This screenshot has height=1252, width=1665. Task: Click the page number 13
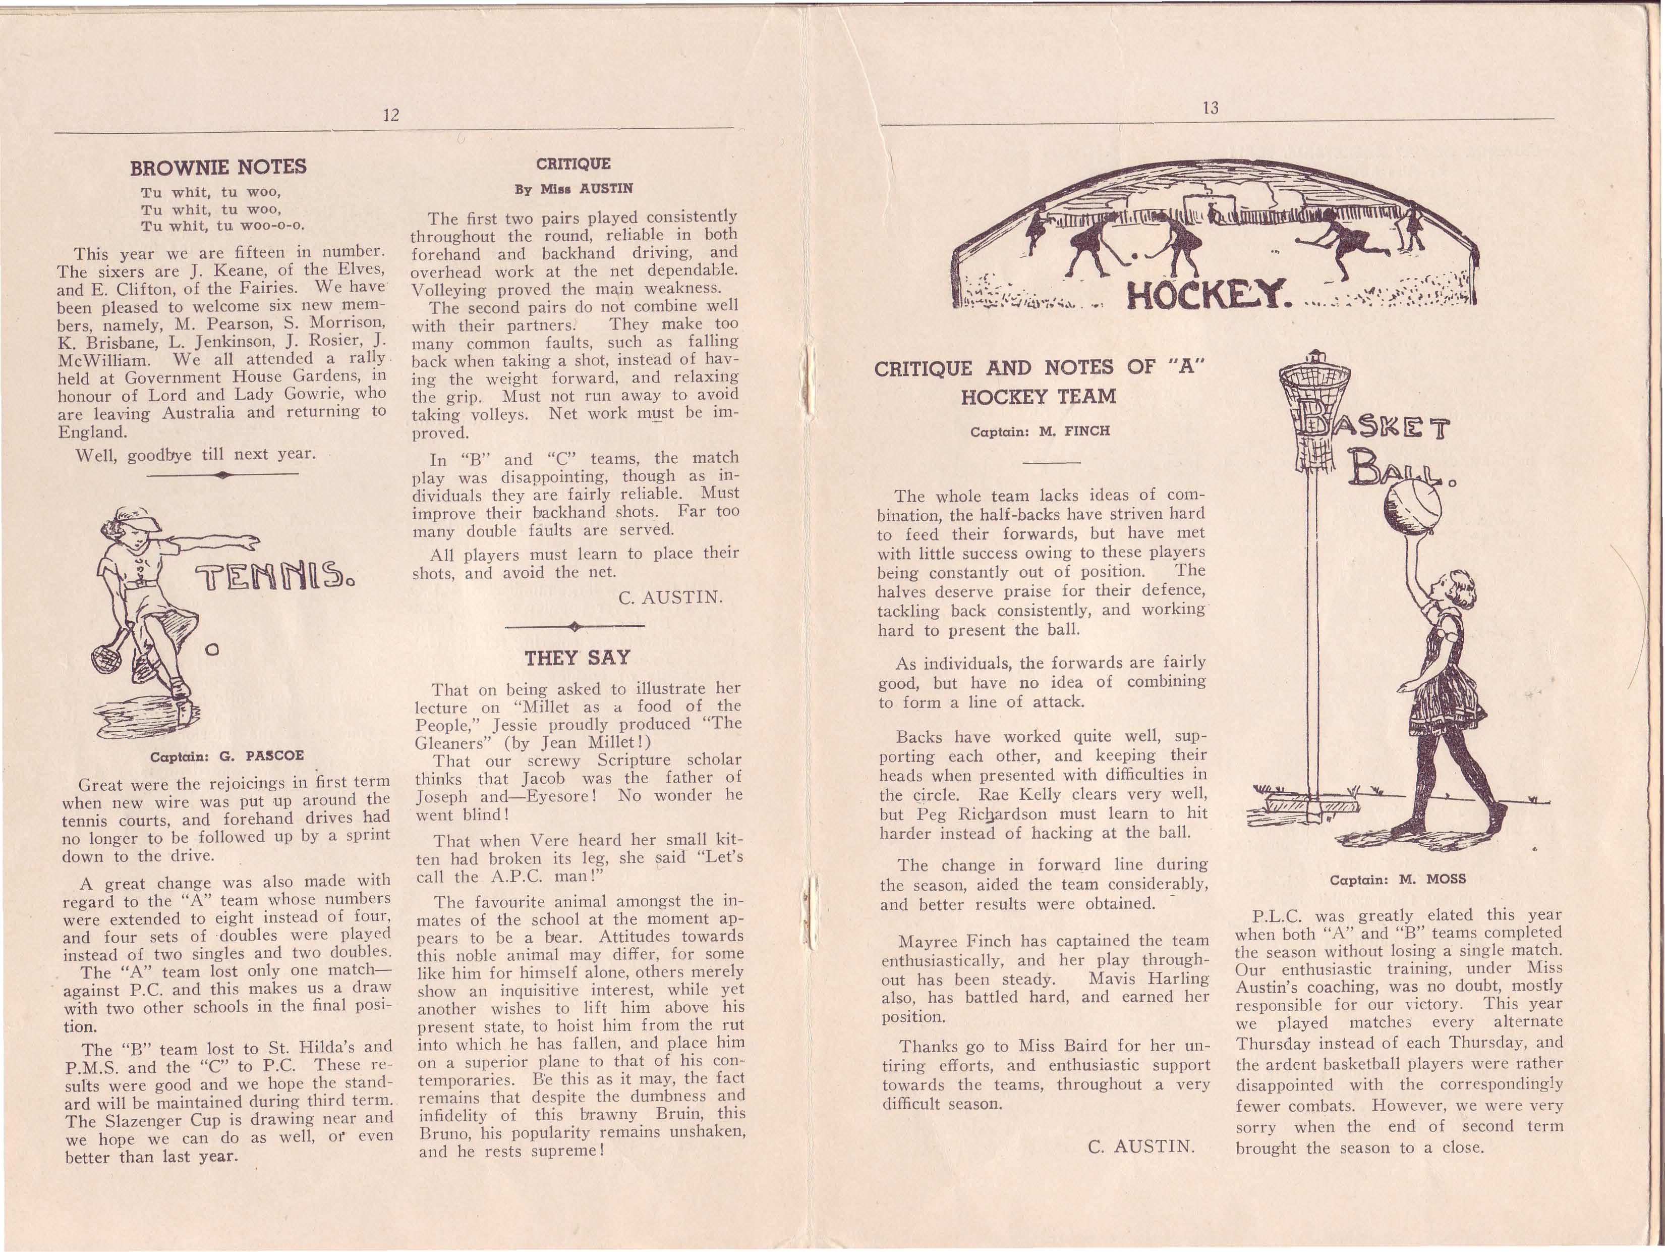(x=1211, y=107)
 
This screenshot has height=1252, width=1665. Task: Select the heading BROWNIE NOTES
(x=218, y=167)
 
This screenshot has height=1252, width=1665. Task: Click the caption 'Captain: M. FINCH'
(x=1040, y=431)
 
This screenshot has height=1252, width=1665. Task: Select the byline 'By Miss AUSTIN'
(x=573, y=188)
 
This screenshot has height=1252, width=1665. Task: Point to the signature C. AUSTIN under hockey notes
(x=1141, y=1147)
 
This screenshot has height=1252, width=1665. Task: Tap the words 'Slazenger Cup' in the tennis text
(x=164, y=1119)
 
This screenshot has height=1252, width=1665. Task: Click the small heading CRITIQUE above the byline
(x=573, y=164)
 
